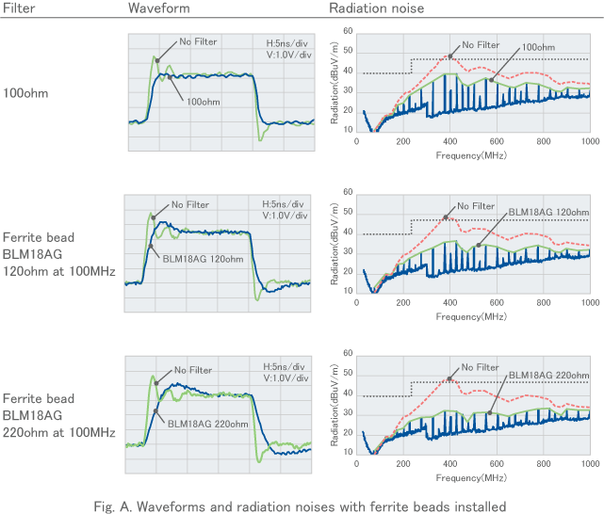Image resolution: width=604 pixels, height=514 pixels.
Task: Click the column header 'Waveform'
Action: coord(158,8)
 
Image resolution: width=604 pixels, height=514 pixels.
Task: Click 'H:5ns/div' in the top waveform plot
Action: coord(286,42)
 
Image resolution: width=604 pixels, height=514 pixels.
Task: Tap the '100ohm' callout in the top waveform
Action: coord(205,102)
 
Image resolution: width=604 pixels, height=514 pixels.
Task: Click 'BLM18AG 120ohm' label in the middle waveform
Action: coord(203,259)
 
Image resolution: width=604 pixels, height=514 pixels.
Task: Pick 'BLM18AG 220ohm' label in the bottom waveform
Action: coord(204,424)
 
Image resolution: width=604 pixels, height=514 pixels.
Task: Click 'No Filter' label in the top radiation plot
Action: coord(481,44)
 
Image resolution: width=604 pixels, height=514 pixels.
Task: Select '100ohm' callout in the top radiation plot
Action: coord(537,47)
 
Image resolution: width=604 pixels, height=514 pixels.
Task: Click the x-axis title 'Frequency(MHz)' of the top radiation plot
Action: coord(472,154)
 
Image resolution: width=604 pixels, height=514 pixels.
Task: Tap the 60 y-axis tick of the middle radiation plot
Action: coord(348,192)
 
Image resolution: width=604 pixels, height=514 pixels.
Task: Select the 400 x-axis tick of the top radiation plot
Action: coord(449,141)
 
